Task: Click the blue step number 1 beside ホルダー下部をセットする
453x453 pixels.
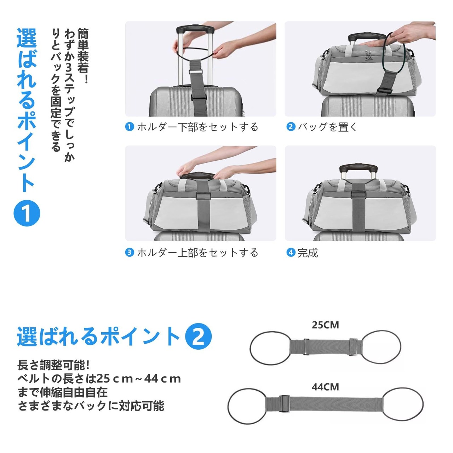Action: [129, 127]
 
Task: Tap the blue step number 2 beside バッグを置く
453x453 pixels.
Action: [291, 127]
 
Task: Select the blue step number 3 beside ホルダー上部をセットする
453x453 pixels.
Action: [129, 253]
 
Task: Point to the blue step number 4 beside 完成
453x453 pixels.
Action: [291, 253]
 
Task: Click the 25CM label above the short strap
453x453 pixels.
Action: [325, 325]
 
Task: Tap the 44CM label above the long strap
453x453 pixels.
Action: [325, 387]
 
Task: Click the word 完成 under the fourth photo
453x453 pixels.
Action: [308, 253]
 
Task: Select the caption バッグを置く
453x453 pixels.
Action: [327, 127]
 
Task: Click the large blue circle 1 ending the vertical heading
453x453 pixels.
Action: [27, 213]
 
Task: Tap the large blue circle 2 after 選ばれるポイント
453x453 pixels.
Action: [199, 337]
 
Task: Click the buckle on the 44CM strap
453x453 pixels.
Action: [284, 403]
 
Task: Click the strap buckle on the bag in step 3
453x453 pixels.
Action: [203, 196]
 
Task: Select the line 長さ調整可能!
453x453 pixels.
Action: [53, 365]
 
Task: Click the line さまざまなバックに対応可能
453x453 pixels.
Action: [91, 406]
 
